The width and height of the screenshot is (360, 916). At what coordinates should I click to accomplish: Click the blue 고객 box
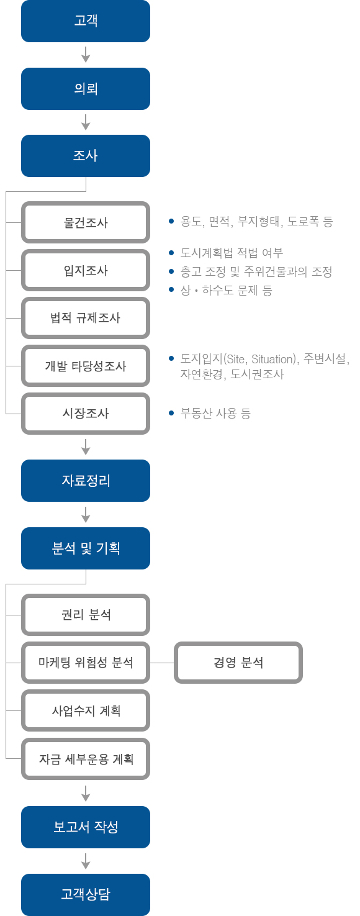click(x=86, y=21)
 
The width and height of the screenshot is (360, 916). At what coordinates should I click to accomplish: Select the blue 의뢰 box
click(x=86, y=89)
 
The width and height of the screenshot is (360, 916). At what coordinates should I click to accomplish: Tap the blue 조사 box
click(x=86, y=156)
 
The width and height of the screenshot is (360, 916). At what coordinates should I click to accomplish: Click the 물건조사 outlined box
click(x=86, y=222)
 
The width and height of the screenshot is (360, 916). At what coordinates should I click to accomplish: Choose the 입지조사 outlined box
click(x=86, y=270)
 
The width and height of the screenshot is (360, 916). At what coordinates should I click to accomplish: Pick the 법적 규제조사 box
click(x=86, y=318)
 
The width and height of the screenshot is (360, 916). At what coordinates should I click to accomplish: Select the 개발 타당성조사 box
click(x=86, y=366)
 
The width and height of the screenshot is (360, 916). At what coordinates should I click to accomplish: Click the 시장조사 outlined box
click(x=86, y=414)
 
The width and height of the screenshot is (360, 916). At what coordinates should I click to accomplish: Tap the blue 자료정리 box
click(x=86, y=481)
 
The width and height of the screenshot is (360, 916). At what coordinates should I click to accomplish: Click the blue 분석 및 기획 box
click(x=86, y=548)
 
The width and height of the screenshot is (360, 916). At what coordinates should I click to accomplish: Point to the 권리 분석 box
click(x=86, y=615)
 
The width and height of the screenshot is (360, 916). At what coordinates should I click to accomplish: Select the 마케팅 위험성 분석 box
click(x=86, y=663)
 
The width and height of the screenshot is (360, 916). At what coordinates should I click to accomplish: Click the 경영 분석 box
click(x=238, y=663)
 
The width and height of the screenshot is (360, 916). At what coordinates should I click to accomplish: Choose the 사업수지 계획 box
click(x=86, y=710)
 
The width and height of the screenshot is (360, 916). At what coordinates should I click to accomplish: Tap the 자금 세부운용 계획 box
click(x=86, y=759)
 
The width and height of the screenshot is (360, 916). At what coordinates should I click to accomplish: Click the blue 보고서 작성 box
click(x=86, y=827)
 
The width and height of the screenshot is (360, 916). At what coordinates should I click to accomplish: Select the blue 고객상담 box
click(x=86, y=894)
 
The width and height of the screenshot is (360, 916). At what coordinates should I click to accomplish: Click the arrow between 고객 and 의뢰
click(x=86, y=55)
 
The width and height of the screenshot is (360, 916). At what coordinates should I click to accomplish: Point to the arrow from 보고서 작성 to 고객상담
click(x=86, y=861)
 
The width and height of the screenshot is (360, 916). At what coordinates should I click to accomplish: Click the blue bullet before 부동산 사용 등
click(x=171, y=413)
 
